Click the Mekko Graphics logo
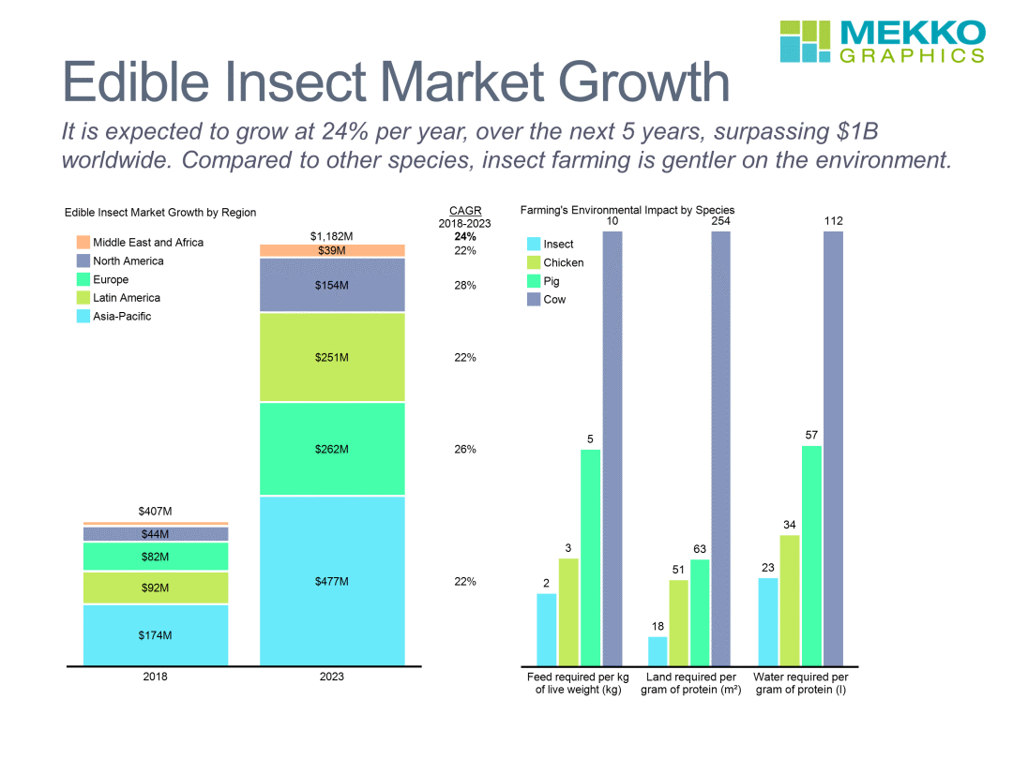click(882, 41)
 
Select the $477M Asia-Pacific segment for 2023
click(332, 581)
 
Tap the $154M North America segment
click(332, 285)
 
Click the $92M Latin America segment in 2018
click(156, 588)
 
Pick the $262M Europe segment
click(332, 449)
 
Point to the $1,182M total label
click(332, 236)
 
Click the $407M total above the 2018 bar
click(156, 512)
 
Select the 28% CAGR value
click(464, 285)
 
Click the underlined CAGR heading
click(464, 211)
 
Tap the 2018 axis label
click(156, 677)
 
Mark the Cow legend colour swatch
click(534, 300)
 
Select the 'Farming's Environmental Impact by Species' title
click(627, 210)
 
